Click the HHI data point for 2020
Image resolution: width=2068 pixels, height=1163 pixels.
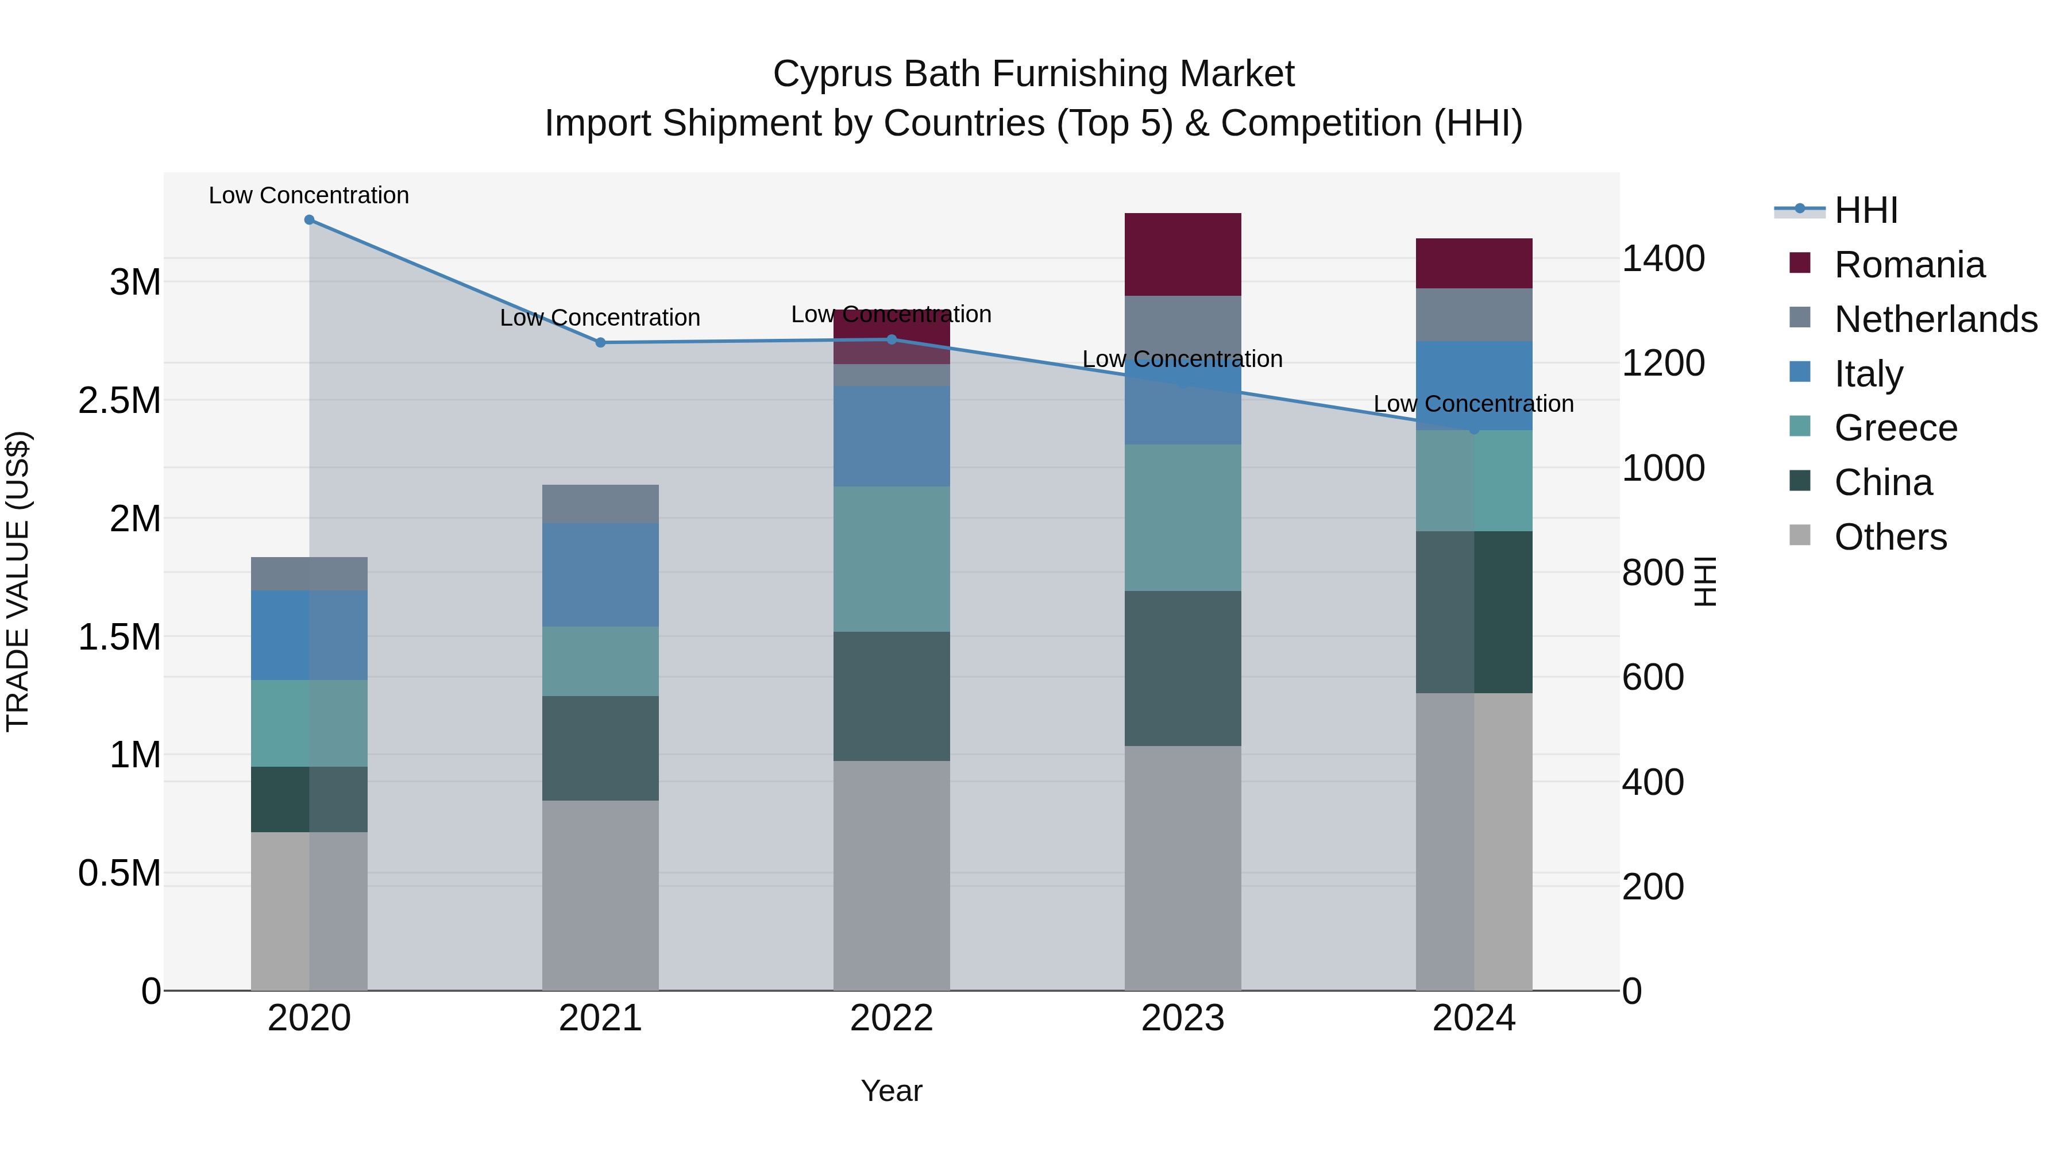point(309,220)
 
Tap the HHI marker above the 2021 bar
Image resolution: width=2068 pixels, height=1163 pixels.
point(600,343)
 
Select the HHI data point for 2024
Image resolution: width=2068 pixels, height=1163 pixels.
point(1474,430)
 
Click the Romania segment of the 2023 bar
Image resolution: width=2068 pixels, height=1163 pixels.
point(1183,254)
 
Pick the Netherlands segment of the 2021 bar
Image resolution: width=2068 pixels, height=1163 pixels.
point(600,504)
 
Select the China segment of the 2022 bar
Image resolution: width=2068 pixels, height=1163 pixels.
point(891,696)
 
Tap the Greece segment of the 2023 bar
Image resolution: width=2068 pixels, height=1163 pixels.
point(1183,517)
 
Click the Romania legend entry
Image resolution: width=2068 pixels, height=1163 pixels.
point(1909,265)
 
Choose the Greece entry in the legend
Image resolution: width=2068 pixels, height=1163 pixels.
point(1896,428)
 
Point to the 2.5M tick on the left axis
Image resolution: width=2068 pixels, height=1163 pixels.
point(119,400)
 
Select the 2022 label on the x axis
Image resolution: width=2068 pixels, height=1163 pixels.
point(891,1018)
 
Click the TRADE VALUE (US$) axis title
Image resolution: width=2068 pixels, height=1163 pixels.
point(18,581)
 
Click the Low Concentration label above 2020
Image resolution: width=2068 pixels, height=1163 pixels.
point(309,196)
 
